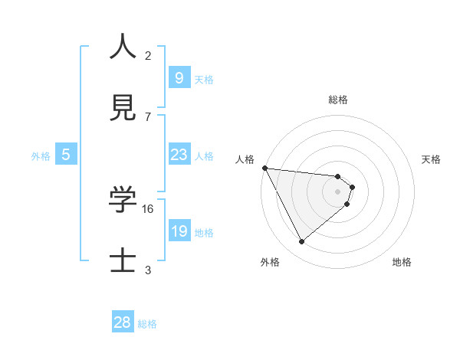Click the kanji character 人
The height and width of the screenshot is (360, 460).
tap(123, 47)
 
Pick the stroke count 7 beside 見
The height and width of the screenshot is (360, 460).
tap(148, 116)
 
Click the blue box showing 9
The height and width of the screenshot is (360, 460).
tap(179, 78)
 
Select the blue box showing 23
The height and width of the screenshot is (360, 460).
tap(179, 155)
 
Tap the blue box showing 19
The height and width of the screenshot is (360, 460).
tap(179, 231)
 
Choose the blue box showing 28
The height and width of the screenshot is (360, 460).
tap(123, 322)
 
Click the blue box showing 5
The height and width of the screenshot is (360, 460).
tap(66, 155)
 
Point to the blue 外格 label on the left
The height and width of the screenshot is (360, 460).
tap(41, 156)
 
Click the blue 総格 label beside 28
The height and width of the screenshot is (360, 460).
tap(147, 324)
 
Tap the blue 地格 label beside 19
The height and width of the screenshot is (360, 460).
tap(204, 233)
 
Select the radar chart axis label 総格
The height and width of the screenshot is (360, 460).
tap(338, 100)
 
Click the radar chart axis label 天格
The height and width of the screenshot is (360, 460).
tap(432, 159)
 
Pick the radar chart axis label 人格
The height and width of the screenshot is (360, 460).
tap(246, 159)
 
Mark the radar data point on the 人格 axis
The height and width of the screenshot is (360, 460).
tap(264, 168)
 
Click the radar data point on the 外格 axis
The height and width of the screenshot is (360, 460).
tap(301, 242)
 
